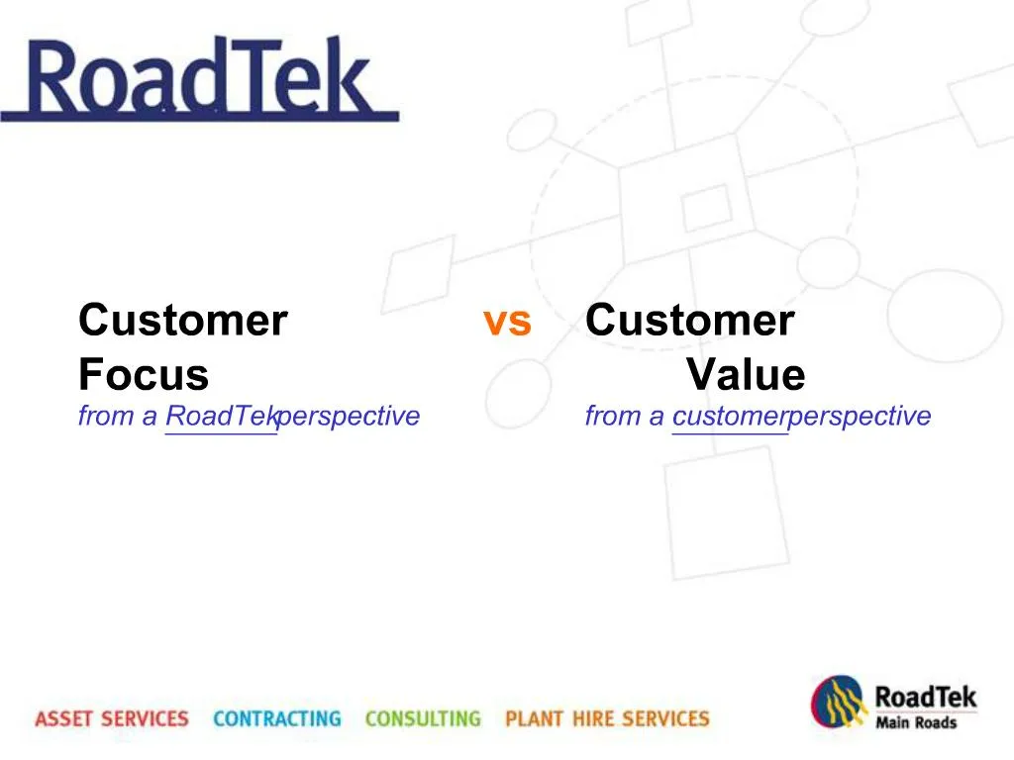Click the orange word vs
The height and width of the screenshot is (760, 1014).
[x=507, y=322]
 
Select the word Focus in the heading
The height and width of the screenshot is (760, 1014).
[x=144, y=375]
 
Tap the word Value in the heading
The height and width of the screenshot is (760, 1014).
[x=746, y=375]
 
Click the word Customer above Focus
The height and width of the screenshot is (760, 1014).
[x=183, y=321]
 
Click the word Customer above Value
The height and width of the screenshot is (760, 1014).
[x=690, y=321]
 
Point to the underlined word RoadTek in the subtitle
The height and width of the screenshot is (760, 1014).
[x=220, y=417]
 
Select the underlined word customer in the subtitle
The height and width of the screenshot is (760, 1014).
[x=729, y=417]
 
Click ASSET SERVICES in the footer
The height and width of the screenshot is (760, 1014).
[x=111, y=718]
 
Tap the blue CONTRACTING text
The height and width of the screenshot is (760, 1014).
[x=276, y=718]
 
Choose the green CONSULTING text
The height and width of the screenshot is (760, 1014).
[x=423, y=718]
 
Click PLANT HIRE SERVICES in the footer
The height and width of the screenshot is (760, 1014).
[x=607, y=718]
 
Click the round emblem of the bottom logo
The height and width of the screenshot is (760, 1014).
[x=840, y=704]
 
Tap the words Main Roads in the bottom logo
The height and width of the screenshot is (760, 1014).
[x=916, y=722]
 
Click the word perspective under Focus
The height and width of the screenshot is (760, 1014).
[x=349, y=417]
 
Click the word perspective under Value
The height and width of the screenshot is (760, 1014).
[x=860, y=417]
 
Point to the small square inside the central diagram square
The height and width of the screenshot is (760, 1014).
[x=707, y=208]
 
